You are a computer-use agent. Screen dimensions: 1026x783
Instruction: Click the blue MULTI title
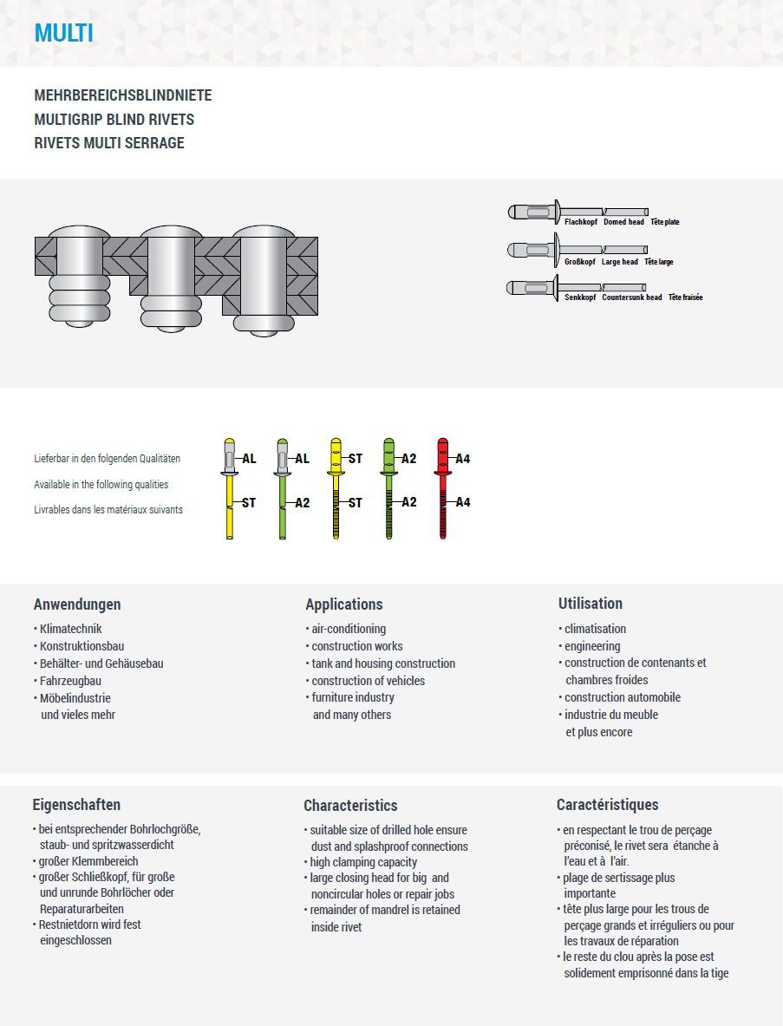64,33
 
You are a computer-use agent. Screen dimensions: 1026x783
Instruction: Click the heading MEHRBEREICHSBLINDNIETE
122,95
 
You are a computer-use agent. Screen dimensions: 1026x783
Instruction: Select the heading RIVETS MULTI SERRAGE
109,143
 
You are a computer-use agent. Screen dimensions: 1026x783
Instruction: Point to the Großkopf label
580,262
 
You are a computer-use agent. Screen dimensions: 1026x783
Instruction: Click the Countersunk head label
632,297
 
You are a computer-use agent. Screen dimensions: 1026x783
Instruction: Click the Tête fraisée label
685,297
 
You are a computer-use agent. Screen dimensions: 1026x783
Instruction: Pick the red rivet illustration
443,489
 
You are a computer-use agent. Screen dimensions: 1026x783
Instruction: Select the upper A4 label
463,459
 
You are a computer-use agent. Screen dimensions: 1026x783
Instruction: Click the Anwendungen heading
77,604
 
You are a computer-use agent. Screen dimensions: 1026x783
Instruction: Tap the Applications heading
344,604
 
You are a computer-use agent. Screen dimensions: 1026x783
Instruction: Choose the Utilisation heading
591,604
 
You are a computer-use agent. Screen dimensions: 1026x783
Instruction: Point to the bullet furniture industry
353,697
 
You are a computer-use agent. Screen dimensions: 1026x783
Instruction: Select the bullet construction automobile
623,697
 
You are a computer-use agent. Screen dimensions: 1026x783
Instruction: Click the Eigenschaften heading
76,805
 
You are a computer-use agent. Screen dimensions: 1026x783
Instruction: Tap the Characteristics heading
350,806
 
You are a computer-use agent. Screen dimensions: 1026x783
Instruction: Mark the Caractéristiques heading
607,805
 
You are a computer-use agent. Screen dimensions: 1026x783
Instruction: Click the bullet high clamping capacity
363,862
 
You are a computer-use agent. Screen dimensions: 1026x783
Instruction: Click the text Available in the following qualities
101,485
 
